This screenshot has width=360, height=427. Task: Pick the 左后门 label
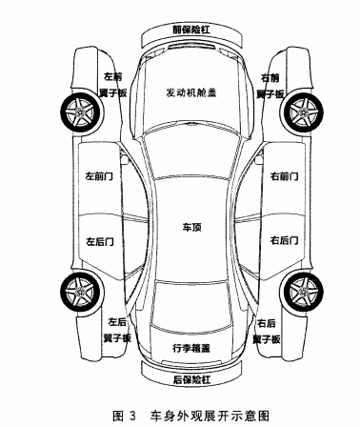(x=100, y=241)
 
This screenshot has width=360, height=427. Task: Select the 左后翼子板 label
(x=116, y=330)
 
